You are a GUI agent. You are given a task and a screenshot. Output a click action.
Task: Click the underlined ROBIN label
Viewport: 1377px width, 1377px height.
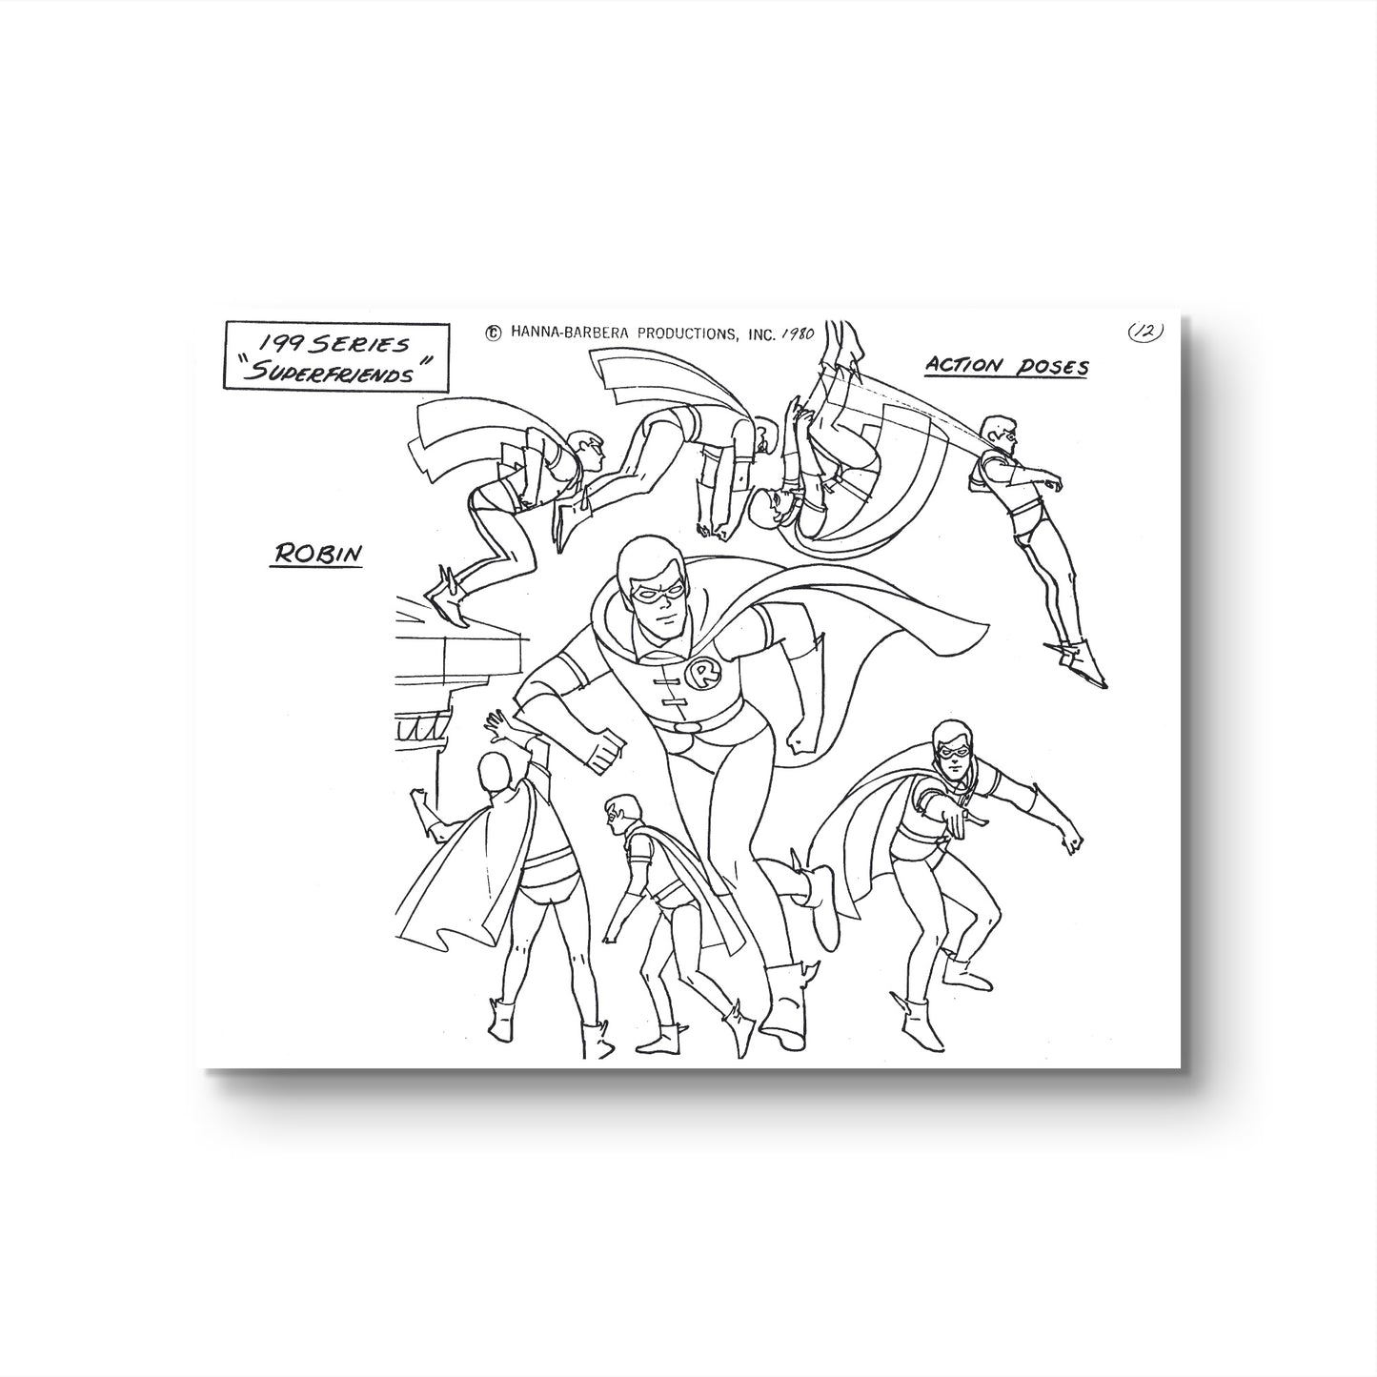[x=315, y=554]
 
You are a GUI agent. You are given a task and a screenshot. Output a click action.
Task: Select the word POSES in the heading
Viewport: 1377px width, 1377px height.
[x=1052, y=367]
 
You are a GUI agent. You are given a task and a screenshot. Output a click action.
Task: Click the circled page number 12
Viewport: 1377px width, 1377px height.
[x=1145, y=332]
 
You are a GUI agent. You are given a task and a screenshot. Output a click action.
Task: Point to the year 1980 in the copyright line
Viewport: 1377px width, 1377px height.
[x=798, y=334]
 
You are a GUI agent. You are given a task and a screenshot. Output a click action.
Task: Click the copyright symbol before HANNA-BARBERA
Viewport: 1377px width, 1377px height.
[x=493, y=333]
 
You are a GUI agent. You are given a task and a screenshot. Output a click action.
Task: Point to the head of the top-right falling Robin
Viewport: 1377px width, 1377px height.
[x=998, y=435]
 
